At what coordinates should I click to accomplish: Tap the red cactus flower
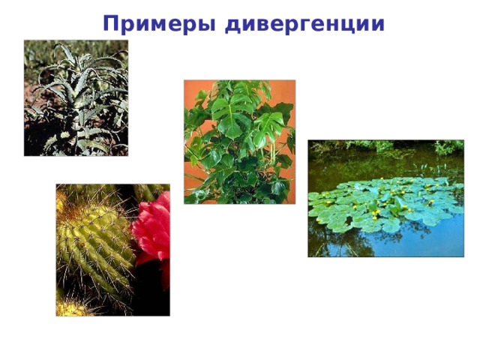[x=153, y=229]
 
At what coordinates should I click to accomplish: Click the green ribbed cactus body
[x=94, y=240]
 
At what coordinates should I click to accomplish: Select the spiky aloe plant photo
[x=76, y=97]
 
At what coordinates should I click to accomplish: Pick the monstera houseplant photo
[x=239, y=142]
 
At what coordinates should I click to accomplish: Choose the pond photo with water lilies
[x=385, y=198]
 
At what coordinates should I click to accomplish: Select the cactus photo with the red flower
[x=112, y=250]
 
